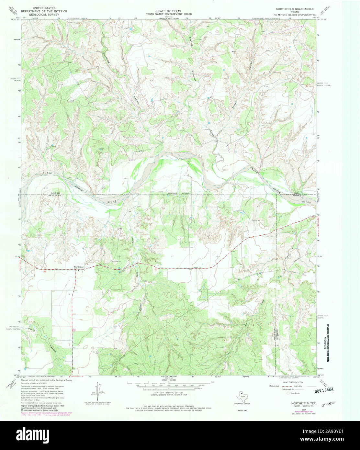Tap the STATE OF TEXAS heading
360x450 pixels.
click(168, 11)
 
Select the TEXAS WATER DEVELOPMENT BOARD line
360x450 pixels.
click(168, 14)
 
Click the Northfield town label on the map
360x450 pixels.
click(79, 266)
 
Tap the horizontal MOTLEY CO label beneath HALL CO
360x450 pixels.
click(49, 196)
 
